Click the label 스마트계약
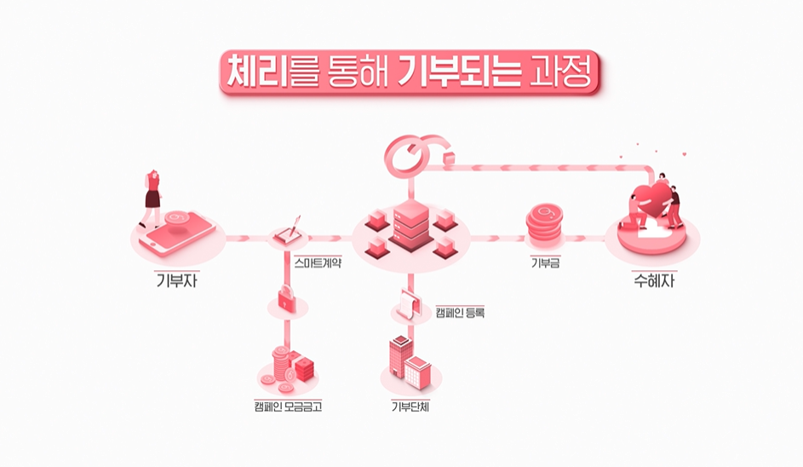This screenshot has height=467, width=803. point(318,263)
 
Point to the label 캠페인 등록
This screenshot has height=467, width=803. point(460,313)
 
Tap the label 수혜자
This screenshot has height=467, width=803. point(654,280)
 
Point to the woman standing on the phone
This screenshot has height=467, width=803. point(153,194)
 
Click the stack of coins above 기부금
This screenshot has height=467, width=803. point(546,225)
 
